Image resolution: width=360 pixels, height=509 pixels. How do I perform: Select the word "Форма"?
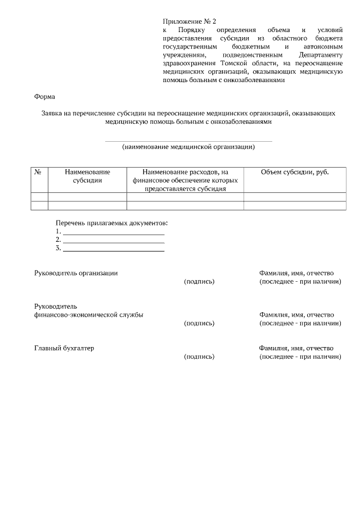(x=45, y=96)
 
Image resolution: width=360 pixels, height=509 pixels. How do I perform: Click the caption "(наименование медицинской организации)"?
(x=188, y=147)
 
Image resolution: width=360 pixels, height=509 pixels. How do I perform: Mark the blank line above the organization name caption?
(x=188, y=141)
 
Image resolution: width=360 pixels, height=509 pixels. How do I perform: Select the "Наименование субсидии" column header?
(x=87, y=176)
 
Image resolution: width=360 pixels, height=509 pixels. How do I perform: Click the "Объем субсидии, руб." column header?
(x=295, y=172)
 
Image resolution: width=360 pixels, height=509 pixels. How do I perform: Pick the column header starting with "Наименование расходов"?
(x=185, y=180)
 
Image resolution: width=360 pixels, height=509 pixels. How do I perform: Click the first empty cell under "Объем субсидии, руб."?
(x=295, y=197)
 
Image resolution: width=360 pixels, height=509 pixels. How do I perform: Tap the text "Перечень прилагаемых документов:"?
(x=112, y=223)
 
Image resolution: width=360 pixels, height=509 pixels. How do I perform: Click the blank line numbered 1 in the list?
(x=114, y=232)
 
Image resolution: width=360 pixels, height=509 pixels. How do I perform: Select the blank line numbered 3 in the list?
(x=114, y=249)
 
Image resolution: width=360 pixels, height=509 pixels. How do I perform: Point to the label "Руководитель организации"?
(x=76, y=273)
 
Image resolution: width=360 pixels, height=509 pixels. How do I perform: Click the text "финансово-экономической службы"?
(x=88, y=314)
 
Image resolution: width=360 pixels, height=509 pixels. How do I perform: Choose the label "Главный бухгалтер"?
(x=64, y=348)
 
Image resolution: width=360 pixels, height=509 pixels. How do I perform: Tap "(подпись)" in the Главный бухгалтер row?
(x=200, y=357)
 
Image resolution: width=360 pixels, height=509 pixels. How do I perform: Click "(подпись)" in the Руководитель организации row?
(x=200, y=281)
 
